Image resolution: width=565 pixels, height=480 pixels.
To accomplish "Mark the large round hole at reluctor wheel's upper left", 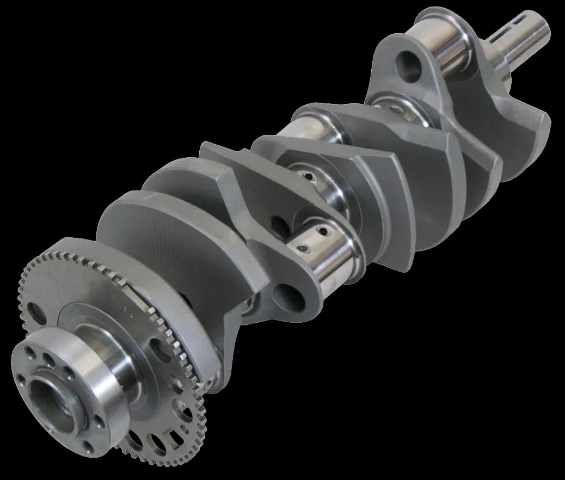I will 36,312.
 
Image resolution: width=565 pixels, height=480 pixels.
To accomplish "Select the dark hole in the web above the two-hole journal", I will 277,223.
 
